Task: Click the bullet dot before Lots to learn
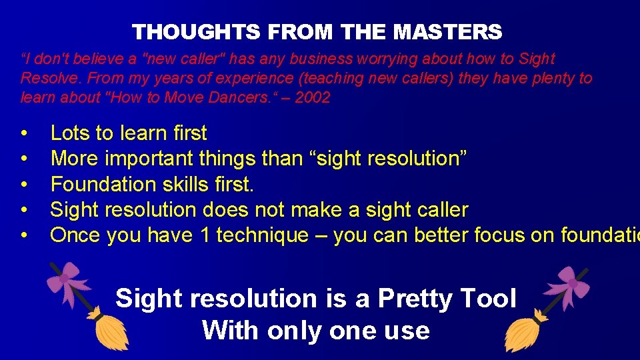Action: click(x=24, y=133)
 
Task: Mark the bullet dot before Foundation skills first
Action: click(x=24, y=184)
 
